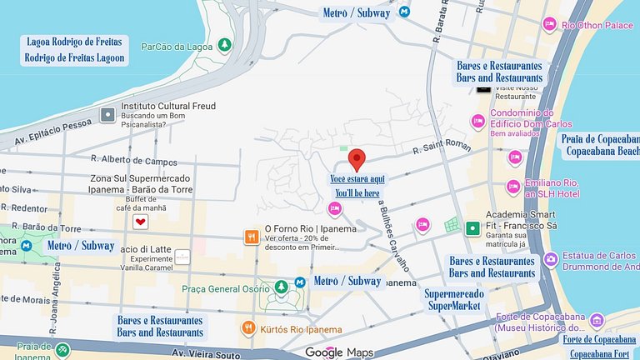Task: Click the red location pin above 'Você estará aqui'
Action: [x=357, y=158]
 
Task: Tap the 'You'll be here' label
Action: [x=358, y=193]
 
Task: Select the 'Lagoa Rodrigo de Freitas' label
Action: [x=74, y=42]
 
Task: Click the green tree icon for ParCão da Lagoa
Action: [x=224, y=44]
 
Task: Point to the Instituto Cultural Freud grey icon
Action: [x=107, y=114]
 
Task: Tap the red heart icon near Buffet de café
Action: [x=141, y=222]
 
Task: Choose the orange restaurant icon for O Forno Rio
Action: [x=250, y=237]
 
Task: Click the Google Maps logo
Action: [x=338, y=352]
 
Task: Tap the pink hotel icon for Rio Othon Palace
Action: [x=549, y=25]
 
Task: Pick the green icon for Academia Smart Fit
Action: [x=473, y=227]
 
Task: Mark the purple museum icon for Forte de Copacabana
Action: [x=597, y=320]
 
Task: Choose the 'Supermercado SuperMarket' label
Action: [x=452, y=300]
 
